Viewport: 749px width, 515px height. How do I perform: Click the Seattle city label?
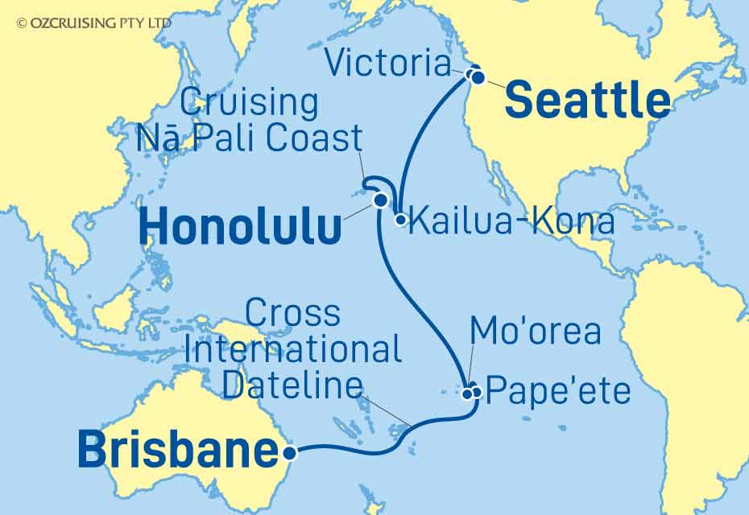point(587,101)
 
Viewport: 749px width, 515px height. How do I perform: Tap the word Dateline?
point(292,386)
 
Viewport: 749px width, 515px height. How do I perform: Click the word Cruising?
point(249,102)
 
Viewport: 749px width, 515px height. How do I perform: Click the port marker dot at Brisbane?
point(291,453)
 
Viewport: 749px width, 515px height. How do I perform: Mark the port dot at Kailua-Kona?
point(399,218)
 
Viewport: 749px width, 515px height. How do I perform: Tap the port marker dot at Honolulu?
point(379,201)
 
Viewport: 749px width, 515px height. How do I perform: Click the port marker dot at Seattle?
point(478,78)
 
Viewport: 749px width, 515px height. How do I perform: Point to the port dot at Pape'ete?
point(477,393)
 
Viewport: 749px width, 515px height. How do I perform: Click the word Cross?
point(292,313)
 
